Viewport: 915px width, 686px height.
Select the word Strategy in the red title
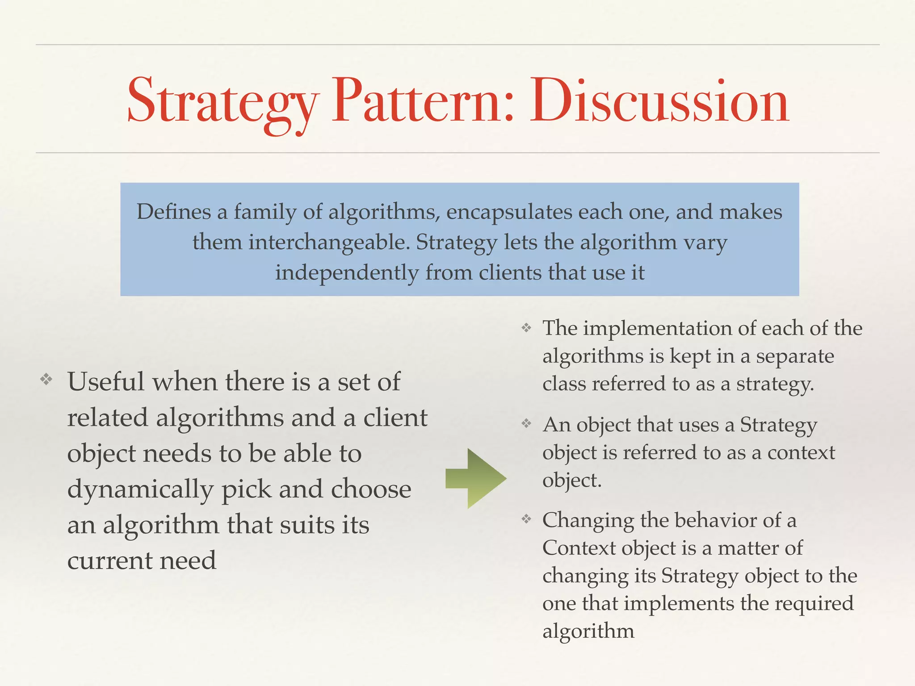[x=222, y=103]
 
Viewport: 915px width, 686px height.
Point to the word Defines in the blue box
[x=173, y=212]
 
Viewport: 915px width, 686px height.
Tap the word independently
[x=347, y=273]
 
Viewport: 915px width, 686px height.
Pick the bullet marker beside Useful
[x=46, y=380]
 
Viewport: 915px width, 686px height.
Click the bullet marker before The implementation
[x=527, y=328]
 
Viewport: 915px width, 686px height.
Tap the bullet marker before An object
[x=527, y=423]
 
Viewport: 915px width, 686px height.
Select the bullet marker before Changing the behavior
[x=527, y=519]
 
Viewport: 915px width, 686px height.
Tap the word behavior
[x=710, y=520]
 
